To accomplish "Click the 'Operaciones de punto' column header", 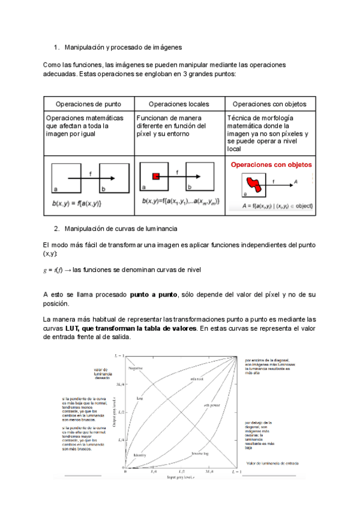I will pyautogui.click(x=88, y=104).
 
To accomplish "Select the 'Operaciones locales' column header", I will pyautogui.click(x=179, y=104).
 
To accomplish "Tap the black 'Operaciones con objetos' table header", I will pyautogui.click(x=269, y=104).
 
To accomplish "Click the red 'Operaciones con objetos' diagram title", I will pyautogui.click(x=267, y=163).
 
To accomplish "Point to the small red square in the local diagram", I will pyautogui.click(x=155, y=176).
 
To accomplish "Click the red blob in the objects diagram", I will pyautogui.click(x=254, y=181).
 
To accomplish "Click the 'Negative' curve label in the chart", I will pyautogui.click(x=135, y=367).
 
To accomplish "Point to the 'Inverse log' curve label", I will pyautogui.click(x=200, y=453).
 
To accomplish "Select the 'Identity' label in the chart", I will pyautogui.click(x=140, y=454).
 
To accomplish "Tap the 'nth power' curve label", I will pyautogui.click(x=211, y=405).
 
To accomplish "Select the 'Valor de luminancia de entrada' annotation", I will pyautogui.click(x=273, y=463).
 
